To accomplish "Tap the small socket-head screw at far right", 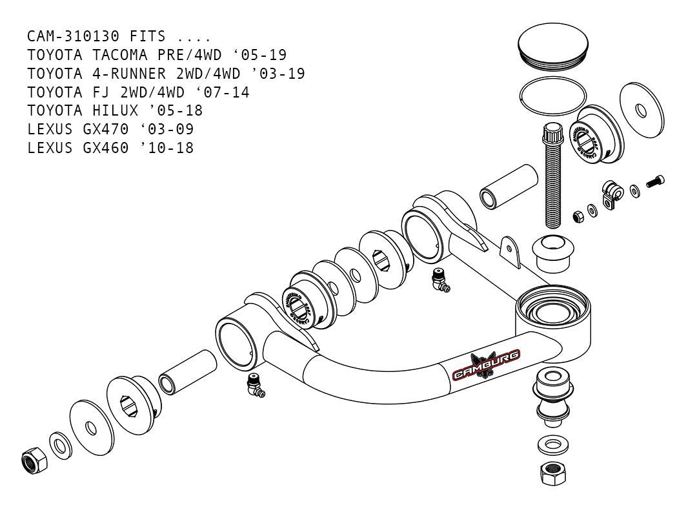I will point(656,183).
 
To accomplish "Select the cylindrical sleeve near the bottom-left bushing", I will point(188,372).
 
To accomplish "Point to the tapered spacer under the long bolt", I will point(553,254).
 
